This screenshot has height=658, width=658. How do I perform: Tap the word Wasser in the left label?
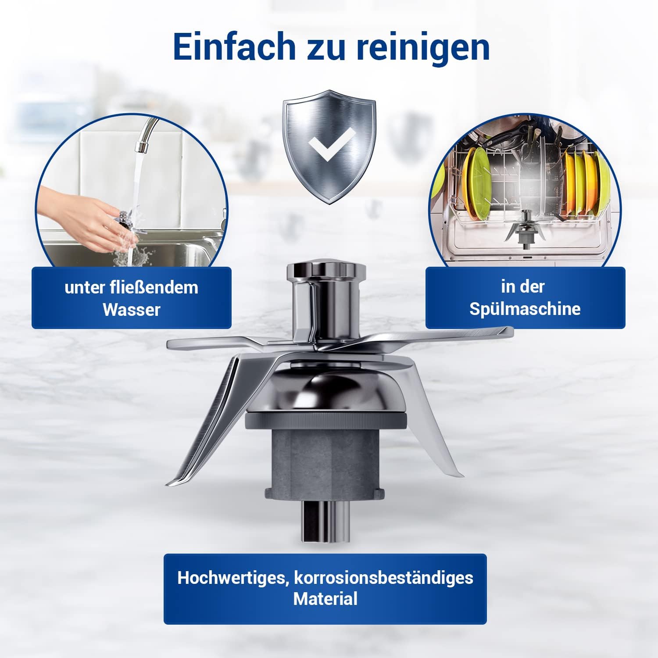[131, 310]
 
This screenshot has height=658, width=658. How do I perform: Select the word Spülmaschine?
[525, 308]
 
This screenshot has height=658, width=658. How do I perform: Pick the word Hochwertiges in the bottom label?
[232, 578]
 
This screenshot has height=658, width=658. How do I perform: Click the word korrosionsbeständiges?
[383, 578]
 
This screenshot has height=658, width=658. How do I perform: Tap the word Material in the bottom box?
[325, 599]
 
